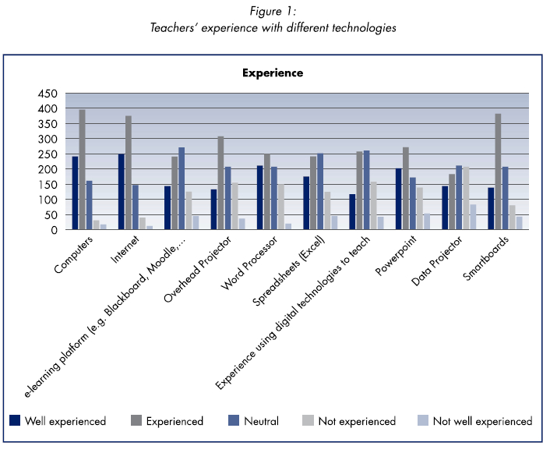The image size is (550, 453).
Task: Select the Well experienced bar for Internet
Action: click(x=122, y=192)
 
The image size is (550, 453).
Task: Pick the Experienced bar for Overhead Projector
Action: click(x=220, y=183)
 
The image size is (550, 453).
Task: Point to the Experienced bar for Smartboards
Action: click(x=497, y=172)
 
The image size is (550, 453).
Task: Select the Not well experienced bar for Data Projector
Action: click(x=473, y=218)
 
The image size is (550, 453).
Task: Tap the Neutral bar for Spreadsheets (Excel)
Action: click(x=320, y=192)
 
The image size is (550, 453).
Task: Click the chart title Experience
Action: click(x=272, y=73)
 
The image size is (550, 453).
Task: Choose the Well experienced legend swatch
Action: click(x=15, y=421)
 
